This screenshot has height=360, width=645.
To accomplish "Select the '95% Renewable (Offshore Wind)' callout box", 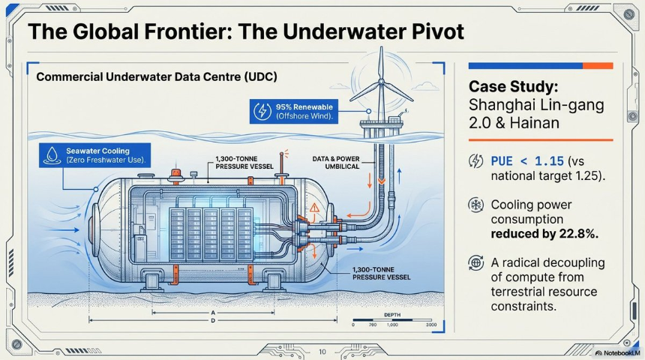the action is (x=294, y=111).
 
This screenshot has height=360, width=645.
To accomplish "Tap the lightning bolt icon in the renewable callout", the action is (x=262, y=112).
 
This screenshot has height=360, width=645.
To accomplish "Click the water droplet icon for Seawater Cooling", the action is (x=52, y=155).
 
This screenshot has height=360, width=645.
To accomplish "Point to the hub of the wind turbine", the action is (x=381, y=82).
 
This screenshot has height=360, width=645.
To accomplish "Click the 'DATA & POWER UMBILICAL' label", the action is (x=336, y=163).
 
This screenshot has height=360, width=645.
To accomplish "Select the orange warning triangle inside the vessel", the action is (x=314, y=207).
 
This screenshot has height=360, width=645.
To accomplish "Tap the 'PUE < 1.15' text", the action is (x=527, y=160).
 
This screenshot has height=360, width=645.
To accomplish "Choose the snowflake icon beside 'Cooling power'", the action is (x=476, y=205).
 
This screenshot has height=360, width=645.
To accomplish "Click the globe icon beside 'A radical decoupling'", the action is (x=476, y=263).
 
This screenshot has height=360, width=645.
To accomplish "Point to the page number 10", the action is (x=322, y=352).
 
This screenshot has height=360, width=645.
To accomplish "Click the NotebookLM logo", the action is (x=617, y=353).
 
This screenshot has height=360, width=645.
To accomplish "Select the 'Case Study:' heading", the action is (x=513, y=87).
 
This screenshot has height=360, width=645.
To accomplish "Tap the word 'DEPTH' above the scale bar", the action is (x=392, y=315).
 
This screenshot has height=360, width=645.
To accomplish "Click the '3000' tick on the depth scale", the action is (x=431, y=325).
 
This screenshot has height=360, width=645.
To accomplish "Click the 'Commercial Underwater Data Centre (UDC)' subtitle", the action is (x=157, y=76).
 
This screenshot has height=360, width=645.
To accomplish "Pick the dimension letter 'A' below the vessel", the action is (x=213, y=313).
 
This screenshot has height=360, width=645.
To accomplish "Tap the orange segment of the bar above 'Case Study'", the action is (x=598, y=66).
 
